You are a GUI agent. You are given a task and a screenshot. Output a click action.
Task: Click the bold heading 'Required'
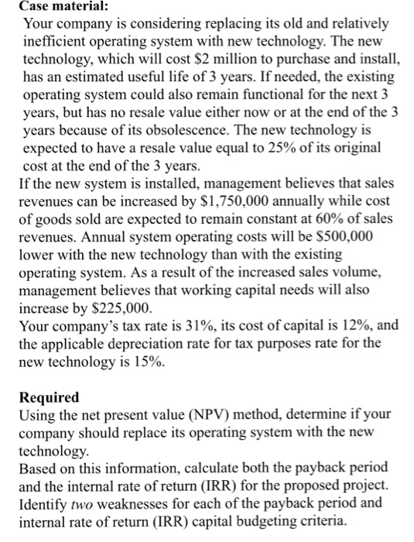click(x=49, y=397)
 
